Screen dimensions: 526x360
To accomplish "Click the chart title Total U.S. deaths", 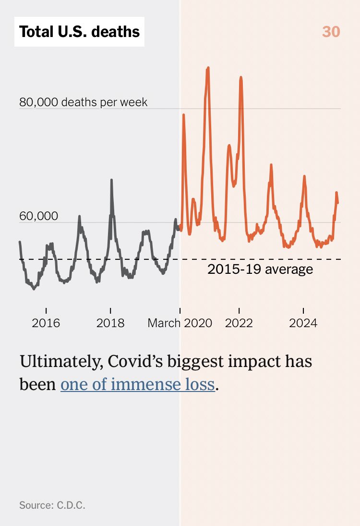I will [x=79, y=32].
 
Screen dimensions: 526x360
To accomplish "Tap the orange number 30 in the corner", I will [x=331, y=32].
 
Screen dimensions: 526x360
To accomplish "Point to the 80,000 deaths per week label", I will [x=84, y=102].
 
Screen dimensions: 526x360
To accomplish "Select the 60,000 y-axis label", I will [x=38, y=216].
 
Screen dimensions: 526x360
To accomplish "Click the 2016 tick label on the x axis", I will [x=46, y=323].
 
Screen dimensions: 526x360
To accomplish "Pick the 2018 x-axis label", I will [x=110, y=323].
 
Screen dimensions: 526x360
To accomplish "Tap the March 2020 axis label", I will [x=180, y=323].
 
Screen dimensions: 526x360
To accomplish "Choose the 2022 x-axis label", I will [x=239, y=323].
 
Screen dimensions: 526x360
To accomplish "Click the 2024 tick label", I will [x=303, y=323].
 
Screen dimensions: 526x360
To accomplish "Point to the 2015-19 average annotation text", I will [x=260, y=269].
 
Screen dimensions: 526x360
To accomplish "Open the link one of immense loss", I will [x=137, y=385].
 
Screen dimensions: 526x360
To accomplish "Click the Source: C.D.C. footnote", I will [x=52, y=505].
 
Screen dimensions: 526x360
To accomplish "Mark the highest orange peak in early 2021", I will [x=208, y=69].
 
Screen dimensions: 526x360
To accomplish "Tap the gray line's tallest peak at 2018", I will [x=111, y=180].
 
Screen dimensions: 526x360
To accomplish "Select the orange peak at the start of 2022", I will [x=240, y=77].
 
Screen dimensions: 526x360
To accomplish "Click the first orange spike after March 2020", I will [x=183, y=115].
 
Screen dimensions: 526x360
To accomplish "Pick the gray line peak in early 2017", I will [x=80, y=217].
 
